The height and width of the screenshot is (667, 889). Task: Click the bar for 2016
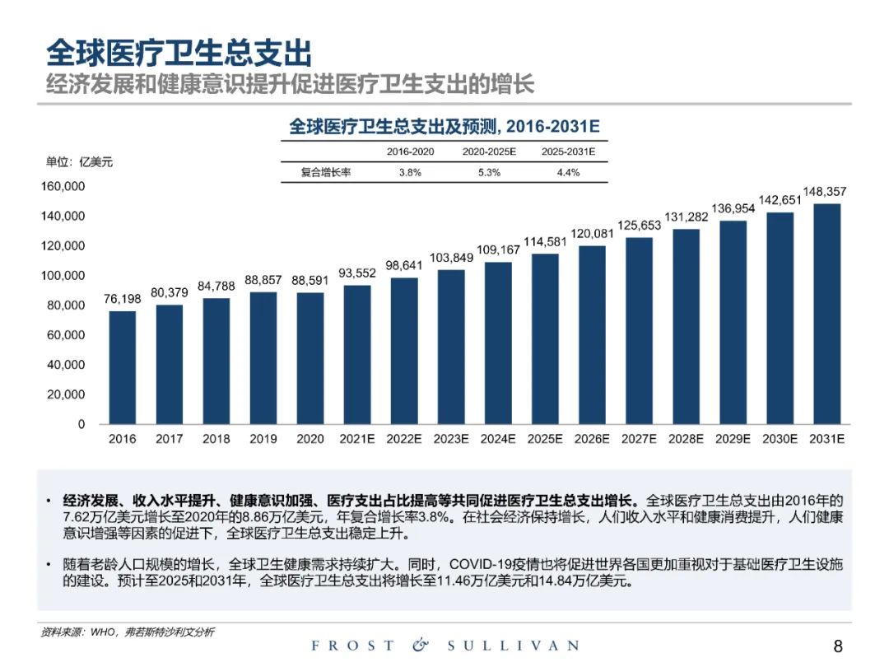tap(123, 367)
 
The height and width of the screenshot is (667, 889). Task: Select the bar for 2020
tap(310, 358)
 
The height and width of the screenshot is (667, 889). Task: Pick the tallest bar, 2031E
tap(827, 314)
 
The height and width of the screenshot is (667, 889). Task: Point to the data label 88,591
tap(310, 281)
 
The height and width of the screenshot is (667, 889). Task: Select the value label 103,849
tap(451, 258)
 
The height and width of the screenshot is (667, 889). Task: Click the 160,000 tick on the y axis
tap(63, 186)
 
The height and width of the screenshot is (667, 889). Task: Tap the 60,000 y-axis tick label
tap(66, 335)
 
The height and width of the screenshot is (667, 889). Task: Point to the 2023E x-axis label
tap(451, 439)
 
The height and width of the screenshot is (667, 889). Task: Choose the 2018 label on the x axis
tap(216, 439)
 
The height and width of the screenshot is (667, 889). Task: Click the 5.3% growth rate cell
tap(489, 173)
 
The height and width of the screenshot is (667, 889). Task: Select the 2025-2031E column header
tap(568, 152)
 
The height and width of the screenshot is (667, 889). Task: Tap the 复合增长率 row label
tap(327, 173)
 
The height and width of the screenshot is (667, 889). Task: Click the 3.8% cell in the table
tap(410, 173)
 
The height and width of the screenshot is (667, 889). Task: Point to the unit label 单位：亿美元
tap(79, 161)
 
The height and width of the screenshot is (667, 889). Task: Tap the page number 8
tap(838, 646)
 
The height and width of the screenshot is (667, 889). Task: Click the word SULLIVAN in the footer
tap(513, 646)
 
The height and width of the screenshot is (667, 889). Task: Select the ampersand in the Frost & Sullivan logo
tap(421, 646)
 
